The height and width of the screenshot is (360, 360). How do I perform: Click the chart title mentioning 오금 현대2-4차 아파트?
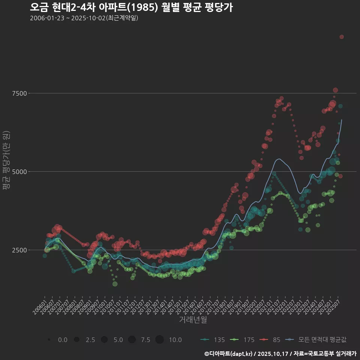[131, 7]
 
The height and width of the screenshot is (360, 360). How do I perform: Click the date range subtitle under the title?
[84, 18]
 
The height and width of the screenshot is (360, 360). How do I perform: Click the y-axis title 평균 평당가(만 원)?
[6, 161]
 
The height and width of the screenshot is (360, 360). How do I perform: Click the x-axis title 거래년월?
[193, 319]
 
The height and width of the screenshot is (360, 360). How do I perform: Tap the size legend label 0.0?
[63, 340]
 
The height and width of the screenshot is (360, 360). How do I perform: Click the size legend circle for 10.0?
[159, 340]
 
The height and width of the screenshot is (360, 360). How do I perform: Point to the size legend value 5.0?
[118, 340]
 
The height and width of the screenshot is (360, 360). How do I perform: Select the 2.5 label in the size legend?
[90, 340]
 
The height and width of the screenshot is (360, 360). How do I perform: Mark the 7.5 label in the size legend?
[145, 340]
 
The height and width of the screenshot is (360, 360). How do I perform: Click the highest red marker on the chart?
[342, 37]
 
